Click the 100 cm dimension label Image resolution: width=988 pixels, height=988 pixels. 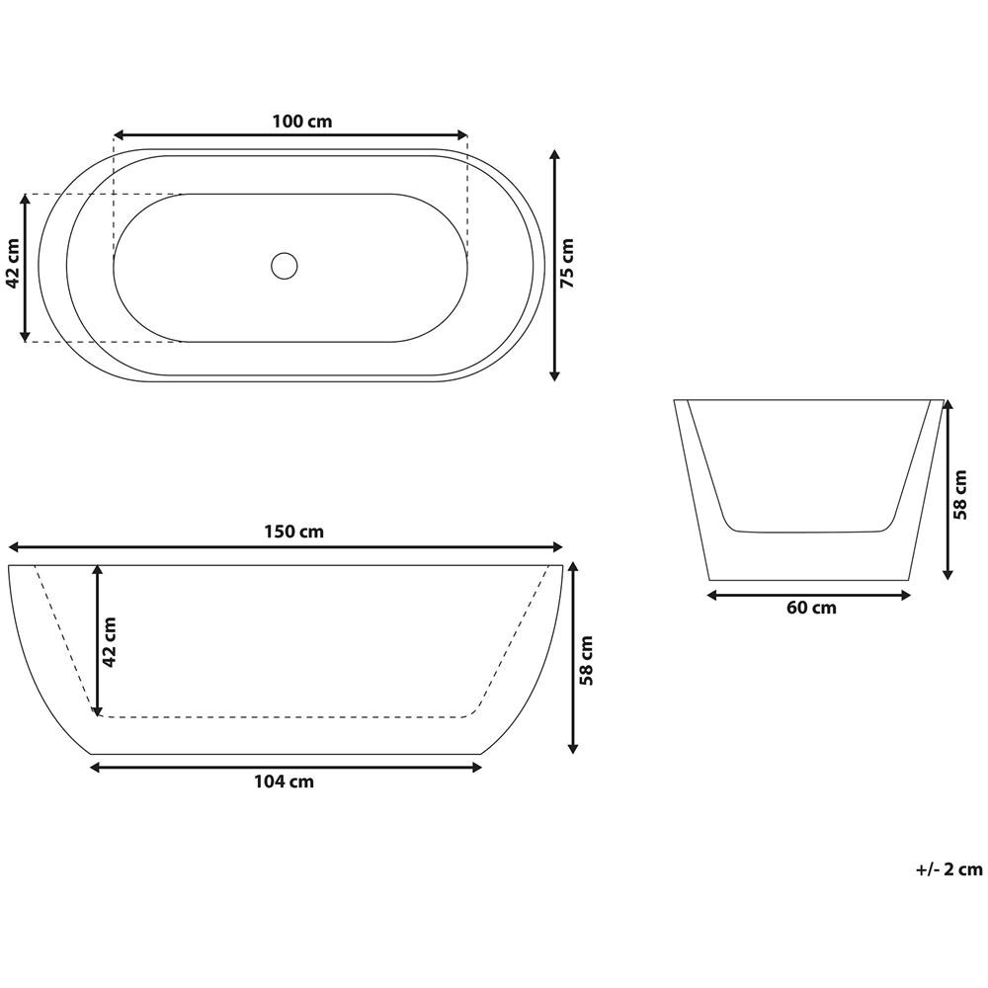(x=302, y=122)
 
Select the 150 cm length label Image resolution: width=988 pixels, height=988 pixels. (x=294, y=531)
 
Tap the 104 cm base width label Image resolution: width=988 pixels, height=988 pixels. (x=285, y=782)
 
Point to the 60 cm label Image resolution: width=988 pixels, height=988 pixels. (x=810, y=608)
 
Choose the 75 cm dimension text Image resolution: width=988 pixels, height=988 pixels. (x=567, y=265)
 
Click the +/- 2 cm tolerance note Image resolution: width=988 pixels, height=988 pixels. (x=948, y=869)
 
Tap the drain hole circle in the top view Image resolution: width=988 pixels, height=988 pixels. (x=284, y=265)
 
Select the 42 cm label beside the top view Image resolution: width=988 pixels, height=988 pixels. (x=13, y=264)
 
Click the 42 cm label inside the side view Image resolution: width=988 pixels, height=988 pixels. (x=110, y=641)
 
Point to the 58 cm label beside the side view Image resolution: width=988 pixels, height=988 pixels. (x=586, y=660)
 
